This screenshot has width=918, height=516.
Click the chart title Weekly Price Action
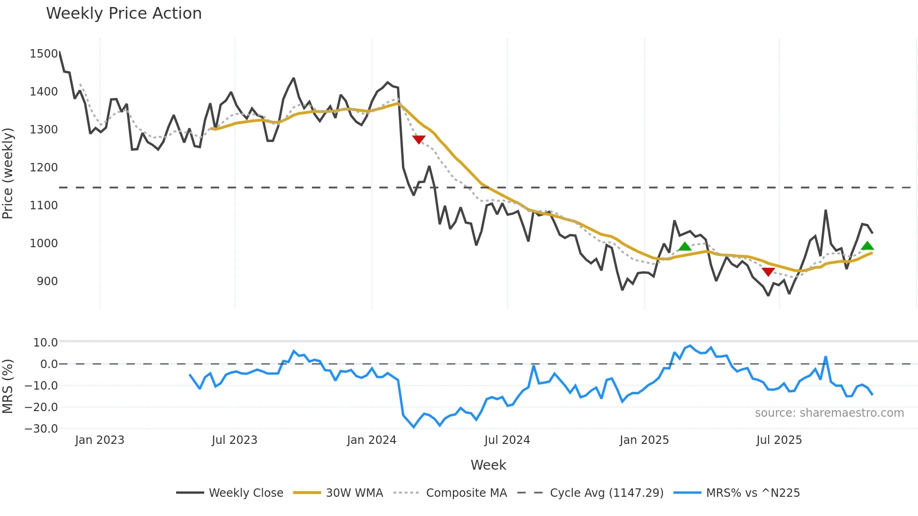pos(124,14)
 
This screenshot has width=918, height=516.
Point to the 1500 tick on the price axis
pos(44,54)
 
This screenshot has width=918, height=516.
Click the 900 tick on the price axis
pos(47,281)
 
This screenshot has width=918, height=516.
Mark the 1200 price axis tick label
pos(44,168)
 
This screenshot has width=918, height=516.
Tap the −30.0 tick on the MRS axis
pos(41,429)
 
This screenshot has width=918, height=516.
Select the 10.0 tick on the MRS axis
pos(45,343)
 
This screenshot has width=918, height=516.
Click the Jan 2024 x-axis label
pos(371,440)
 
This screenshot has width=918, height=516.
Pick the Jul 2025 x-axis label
pos(779,440)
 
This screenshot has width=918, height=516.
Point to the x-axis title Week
pos(488,465)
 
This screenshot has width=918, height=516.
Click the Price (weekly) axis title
pos(8,173)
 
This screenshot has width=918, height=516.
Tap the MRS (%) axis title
pos(8,386)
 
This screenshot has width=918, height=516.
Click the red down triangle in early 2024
pos(419,139)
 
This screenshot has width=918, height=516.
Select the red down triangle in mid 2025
pos(768,272)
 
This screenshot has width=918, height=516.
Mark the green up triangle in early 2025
pos(685,247)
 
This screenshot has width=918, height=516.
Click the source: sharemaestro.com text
pos(829,413)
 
